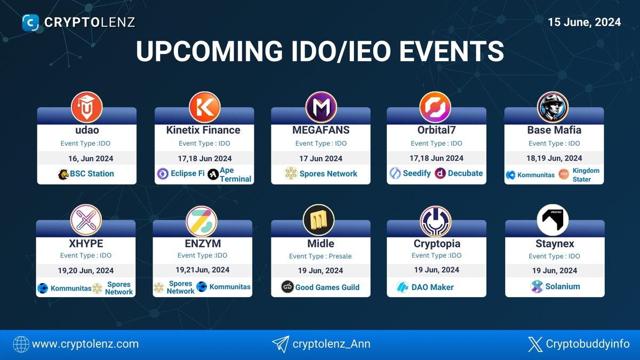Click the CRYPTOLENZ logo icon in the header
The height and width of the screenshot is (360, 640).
pyautogui.click(x=31, y=22)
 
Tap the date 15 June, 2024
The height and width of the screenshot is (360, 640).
pyautogui.click(x=585, y=22)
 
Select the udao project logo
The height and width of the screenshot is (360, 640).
pyautogui.click(x=86, y=106)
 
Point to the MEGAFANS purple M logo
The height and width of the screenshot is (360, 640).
pyautogui.click(x=321, y=107)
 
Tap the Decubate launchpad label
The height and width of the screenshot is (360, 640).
pyautogui.click(x=465, y=173)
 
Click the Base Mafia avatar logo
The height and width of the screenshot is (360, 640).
pyautogui.click(x=553, y=107)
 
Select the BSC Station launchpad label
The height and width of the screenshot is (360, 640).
pyautogui.click(x=92, y=173)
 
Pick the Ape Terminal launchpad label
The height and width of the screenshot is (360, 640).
pyautogui.click(x=235, y=174)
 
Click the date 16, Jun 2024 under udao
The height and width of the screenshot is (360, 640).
pyautogui.click(x=86, y=158)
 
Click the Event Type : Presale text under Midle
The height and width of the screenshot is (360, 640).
pyautogui.click(x=321, y=256)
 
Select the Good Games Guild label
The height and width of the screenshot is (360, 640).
pyautogui.click(x=327, y=287)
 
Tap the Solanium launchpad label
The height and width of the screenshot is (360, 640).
pyautogui.click(x=562, y=286)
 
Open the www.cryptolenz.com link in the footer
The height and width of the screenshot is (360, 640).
pyautogui.click(x=85, y=344)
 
